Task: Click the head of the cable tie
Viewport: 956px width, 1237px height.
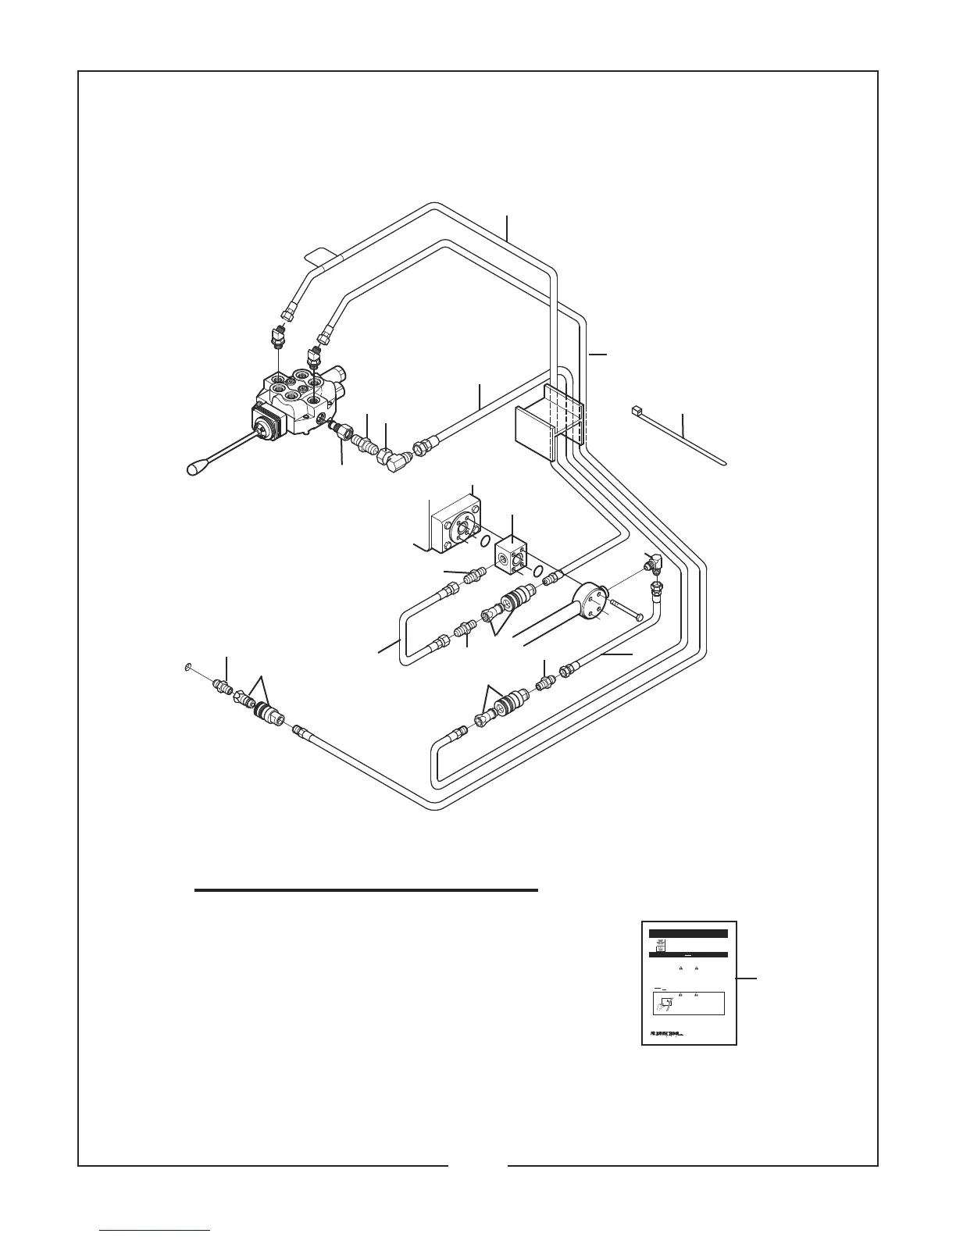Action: tap(635, 409)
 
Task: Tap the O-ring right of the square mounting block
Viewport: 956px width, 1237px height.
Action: tap(485, 541)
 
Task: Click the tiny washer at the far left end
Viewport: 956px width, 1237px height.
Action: tap(187, 668)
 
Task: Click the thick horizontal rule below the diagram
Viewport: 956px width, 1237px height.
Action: tap(366, 889)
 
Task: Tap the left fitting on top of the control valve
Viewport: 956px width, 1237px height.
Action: tap(276, 340)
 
